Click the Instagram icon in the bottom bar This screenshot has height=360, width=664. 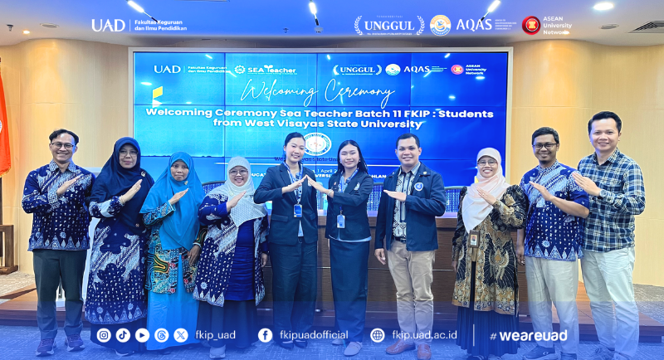tap(104, 335)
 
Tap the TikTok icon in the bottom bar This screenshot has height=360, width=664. tap(123, 335)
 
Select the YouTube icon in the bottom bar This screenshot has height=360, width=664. tap(142, 335)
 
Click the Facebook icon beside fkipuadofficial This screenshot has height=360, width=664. tap(265, 335)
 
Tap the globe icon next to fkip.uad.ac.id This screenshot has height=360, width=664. tap(378, 335)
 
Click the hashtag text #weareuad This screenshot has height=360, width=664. tap(528, 336)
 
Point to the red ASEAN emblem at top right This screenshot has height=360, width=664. tap(530, 25)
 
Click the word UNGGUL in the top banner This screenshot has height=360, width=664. tap(388, 26)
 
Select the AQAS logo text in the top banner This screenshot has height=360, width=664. tap(474, 25)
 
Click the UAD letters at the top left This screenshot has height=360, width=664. tap(108, 25)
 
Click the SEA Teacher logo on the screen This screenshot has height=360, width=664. tap(265, 70)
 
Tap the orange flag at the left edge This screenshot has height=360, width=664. tap(4, 124)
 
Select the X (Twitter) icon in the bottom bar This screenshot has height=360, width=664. tap(180, 335)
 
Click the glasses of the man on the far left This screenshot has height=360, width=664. tap(62, 145)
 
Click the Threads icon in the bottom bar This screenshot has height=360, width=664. tap(161, 335)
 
